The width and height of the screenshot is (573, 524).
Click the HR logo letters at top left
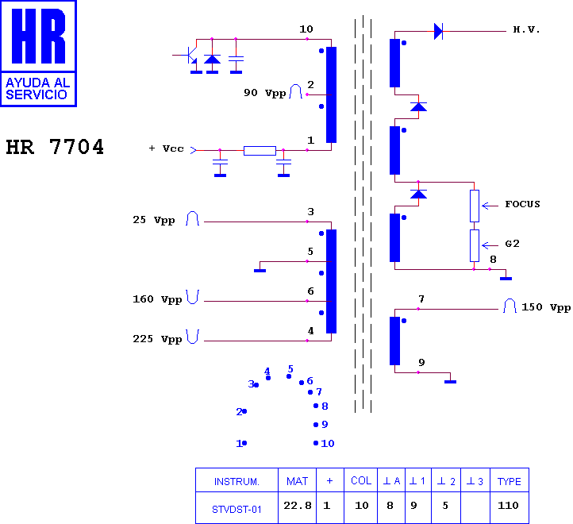[x=38, y=36]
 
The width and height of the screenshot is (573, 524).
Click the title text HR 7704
[x=55, y=147]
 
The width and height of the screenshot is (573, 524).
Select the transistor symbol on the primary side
[x=189, y=55]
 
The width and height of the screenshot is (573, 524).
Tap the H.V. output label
[x=526, y=29]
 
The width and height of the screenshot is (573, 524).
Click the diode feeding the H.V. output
[x=438, y=32]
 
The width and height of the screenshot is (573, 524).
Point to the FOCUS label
[x=522, y=204]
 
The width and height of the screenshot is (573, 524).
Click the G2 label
[x=513, y=244]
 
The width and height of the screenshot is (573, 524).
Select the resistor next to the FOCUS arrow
[x=475, y=206]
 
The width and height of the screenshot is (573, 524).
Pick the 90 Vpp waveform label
[x=265, y=93]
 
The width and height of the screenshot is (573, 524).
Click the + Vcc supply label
[x=167, y=148]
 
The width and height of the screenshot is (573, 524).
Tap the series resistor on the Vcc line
[x=260, y=151]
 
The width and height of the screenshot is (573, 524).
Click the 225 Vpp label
[x=157, y=339]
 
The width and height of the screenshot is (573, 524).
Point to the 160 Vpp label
[x=157, y=299]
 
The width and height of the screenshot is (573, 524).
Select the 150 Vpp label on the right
[x=546, y=307]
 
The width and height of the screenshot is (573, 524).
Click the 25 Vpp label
[x=153, y=220]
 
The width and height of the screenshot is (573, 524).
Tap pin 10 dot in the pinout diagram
[x=316, y=443]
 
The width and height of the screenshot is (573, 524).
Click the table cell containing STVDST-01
[x=237, y=507]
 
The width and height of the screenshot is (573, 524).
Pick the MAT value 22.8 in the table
[x=298, y=506]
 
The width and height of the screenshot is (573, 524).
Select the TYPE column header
[x=509, y=481]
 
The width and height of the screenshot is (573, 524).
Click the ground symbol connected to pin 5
[x=260, y=271]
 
